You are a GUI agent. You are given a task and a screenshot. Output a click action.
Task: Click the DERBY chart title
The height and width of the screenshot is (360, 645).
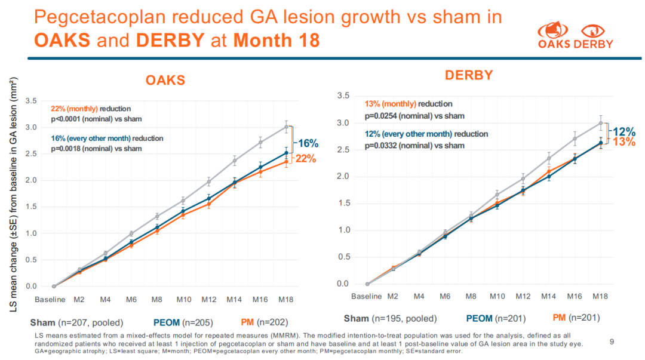469,75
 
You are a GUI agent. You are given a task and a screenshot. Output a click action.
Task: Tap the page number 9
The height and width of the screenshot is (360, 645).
612,341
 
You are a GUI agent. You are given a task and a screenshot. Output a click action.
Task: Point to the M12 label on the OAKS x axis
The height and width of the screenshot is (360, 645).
208,299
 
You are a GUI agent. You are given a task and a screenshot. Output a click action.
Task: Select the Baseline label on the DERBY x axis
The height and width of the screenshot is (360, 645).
366,296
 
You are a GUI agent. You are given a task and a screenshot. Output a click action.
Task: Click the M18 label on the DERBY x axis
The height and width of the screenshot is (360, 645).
600,296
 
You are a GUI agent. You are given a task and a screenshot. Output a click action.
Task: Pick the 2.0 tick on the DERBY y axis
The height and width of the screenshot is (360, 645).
343,176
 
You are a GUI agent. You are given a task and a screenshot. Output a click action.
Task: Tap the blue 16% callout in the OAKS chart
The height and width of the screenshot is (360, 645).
309,143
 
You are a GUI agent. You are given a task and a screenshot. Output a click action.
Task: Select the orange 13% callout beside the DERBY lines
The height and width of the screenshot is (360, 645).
622,141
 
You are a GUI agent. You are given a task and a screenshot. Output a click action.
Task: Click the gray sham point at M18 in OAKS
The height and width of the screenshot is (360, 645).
286,127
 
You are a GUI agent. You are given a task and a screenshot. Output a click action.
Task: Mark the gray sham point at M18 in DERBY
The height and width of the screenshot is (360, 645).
600,123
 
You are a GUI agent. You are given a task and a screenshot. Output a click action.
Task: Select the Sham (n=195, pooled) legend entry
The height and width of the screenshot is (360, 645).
390,318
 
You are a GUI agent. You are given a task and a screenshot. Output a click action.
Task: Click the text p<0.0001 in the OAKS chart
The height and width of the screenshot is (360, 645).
70,119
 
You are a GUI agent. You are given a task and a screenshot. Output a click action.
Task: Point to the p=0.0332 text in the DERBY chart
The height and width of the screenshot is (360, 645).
385,145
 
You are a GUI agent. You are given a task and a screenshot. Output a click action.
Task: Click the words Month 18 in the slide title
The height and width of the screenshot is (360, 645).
277,40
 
